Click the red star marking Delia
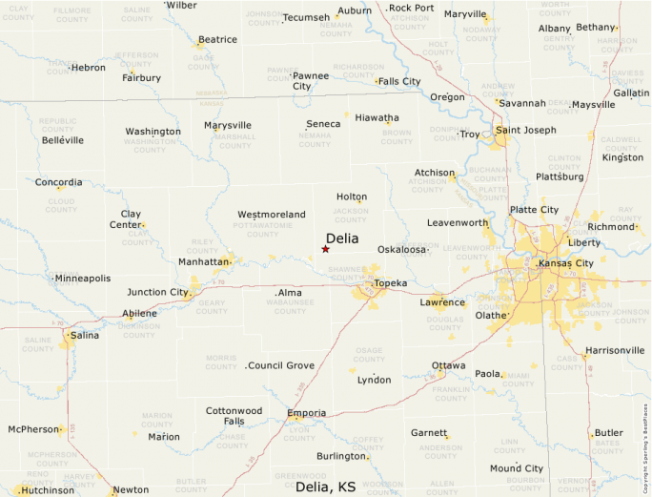[x=325, y=249]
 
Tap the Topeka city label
[x=391, y=283]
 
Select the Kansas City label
[x=565, y=262]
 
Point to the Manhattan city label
[x=204, y=261]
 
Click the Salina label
[x=84, y=335]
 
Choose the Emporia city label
[x=306, y=413]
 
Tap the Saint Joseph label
[x=525, y=130]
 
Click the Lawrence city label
[x=442, y=302]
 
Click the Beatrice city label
[x=217, y=40]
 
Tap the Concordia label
[x=58, y=182]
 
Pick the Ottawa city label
[x=449, y=365]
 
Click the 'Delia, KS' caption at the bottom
[x=325, y=487]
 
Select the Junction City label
[x=157, y=292]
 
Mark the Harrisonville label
[x=615, y=350]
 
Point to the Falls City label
[x=399, y=81]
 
